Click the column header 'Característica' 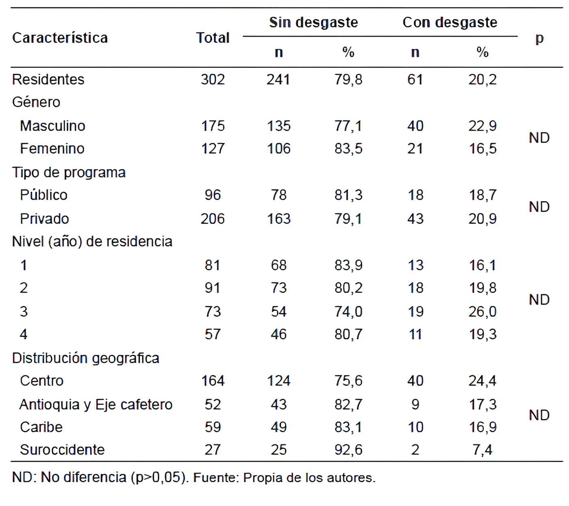click(x=60, y=38)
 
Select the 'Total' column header click(x=213, y=38)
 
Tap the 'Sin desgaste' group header click(x=313, y=22)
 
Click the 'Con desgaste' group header click(x=450, y=22)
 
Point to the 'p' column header click(x=539, y=39)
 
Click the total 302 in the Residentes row click(x=213, y=79)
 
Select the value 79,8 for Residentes click(x=348, y=79)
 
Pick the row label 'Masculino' click(x=52, y=126)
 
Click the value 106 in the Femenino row click(x=278, y=148)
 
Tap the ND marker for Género click(x=539, y=138)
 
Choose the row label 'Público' click(x=43, y=195)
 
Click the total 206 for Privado click(x=213, y=219)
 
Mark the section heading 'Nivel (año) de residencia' click(x=92, y=242)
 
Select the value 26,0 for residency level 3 click(x=482, y=312)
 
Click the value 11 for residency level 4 click(x=415, y=334)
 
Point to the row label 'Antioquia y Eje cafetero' click(x=96, y=404)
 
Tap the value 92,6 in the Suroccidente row click(x=348, y=450)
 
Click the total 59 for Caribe click(x=213, y=427)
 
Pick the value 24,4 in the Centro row click(x=482, y=381)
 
